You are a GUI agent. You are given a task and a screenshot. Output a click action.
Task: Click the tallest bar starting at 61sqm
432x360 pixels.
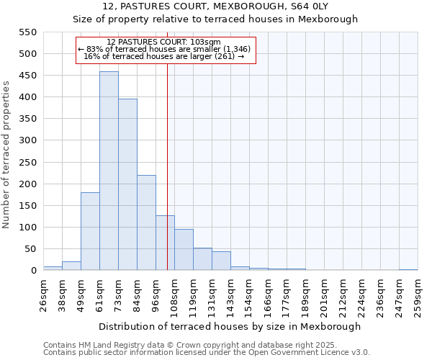tap(109, 171)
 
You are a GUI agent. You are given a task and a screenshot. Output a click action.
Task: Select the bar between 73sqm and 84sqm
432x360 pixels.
tap(127, 185)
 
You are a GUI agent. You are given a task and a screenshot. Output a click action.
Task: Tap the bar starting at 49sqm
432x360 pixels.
tap(90, 232)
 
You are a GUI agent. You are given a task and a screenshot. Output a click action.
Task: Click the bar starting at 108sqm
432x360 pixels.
tap(184, 250)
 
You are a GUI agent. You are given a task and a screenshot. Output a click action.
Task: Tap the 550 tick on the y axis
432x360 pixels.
tap(27, 32)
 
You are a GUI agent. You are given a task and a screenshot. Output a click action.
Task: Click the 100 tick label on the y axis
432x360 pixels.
tap(27, 228)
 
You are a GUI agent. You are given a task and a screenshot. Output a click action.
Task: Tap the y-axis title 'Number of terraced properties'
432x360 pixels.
tap(6, 154)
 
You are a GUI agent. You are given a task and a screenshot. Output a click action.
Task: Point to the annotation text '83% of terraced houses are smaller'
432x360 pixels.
tap(166, 49)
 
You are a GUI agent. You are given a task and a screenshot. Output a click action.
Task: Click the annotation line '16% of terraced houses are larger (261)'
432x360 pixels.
tap(166, 55)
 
